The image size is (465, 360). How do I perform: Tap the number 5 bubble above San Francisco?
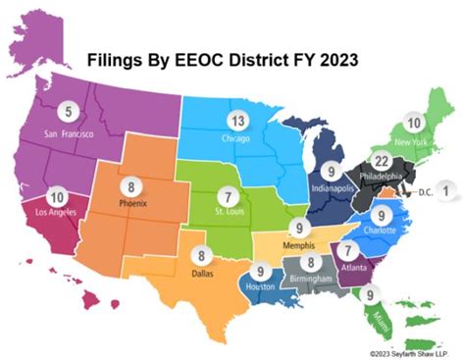[68, 110]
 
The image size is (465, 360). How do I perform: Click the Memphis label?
[297, 246]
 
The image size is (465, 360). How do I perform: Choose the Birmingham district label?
[311, 281]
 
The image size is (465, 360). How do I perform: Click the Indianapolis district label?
[332, 186]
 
